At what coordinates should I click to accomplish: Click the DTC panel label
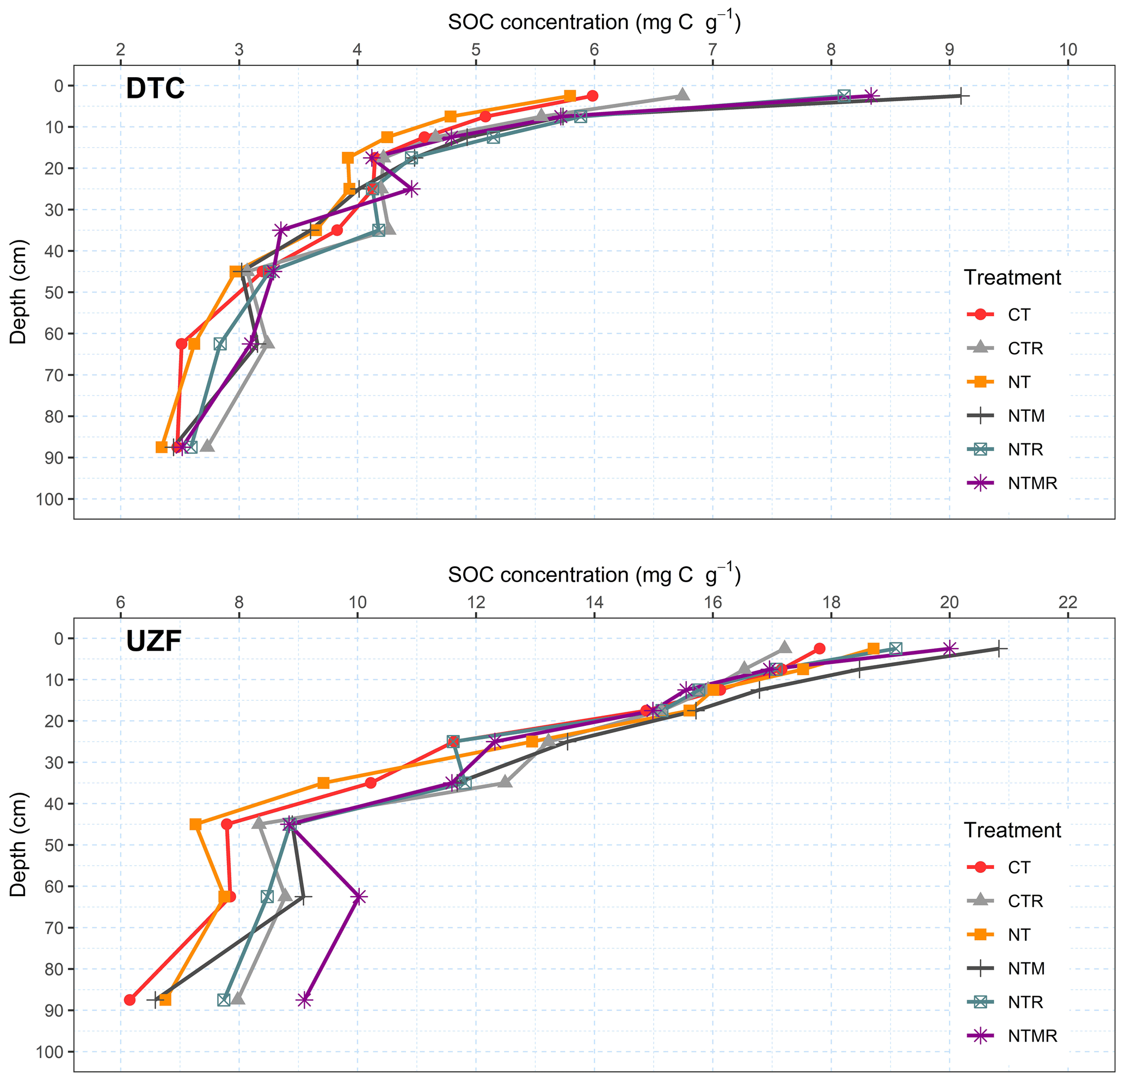pos(155,89)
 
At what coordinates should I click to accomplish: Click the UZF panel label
pos(154,642)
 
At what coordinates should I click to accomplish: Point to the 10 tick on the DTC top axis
pos(1068,51)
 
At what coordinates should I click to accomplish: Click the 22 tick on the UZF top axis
pos(1068,603)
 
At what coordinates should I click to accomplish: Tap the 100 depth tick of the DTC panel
pos(51,500)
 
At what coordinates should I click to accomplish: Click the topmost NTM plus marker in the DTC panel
pos(961,96)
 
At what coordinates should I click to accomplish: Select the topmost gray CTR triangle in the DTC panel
pos(682,95)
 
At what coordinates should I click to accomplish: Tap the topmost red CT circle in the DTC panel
pos(593,96)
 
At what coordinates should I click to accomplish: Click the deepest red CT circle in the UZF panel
pos(130,1000)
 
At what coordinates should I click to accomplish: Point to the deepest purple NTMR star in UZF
pos(304,1000)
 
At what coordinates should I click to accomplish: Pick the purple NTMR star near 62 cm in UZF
pos(358,897)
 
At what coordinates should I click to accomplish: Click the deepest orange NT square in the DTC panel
pos(162,447)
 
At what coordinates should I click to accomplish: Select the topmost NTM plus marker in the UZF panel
pos(999,649)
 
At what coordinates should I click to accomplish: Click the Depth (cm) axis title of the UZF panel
pos(19,844)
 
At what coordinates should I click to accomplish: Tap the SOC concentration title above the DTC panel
pos(594,22)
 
